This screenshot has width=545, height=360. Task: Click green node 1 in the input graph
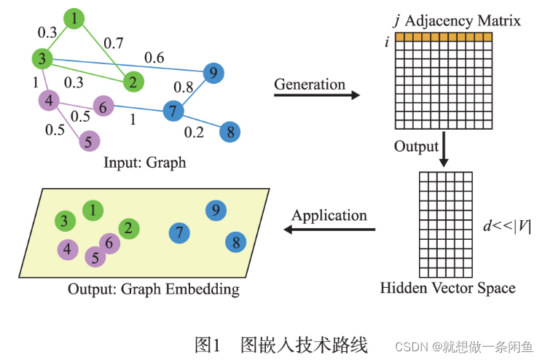point(75,18)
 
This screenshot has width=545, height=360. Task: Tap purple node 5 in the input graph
point(87,141)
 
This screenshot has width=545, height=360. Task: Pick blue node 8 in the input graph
point(230,132)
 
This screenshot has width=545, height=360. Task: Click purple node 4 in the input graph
point(49,101)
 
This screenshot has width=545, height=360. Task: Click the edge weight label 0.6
point(154,56)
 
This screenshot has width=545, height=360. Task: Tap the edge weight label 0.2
point(194,131)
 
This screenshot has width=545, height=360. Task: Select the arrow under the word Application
point(329,230)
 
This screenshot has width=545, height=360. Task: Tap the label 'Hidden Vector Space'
point(447,288)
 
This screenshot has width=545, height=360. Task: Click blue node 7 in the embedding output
point(179,233)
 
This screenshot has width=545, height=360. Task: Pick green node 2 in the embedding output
point(128,229)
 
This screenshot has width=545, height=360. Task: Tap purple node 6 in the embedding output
point(109,243)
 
